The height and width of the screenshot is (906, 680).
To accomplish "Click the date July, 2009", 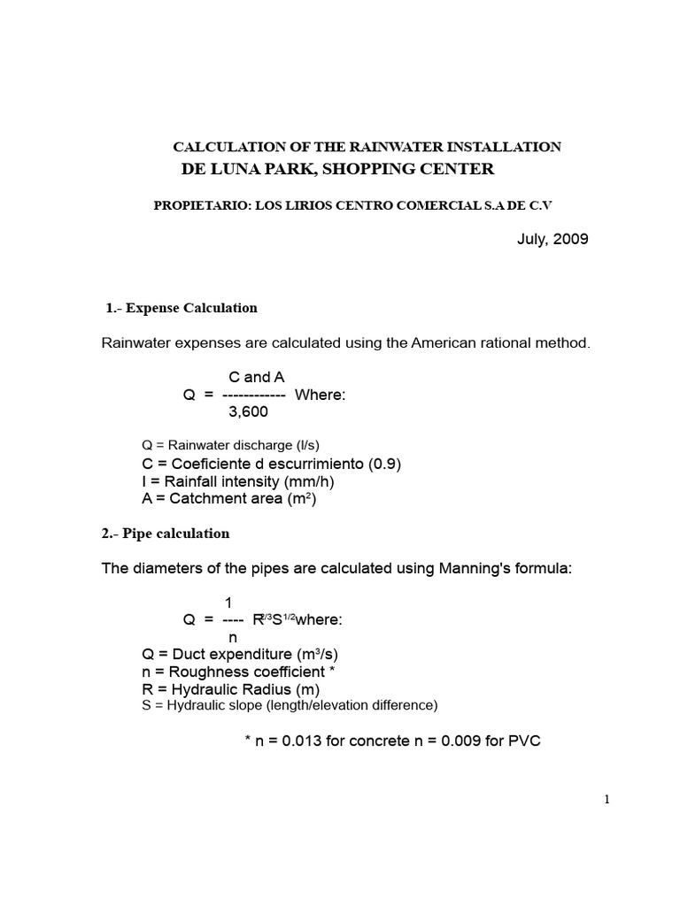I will coord(552,239).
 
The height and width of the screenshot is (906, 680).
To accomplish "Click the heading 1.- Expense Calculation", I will coord(182,308).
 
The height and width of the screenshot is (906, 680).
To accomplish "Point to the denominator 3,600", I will coord(248,411).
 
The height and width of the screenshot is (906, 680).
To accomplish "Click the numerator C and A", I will coord(256,378).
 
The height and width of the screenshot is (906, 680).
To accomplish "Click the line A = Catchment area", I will coord(228,499).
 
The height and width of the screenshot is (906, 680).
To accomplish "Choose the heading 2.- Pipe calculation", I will coord(166,534).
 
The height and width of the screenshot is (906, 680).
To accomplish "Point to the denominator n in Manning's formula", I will coord(233,637).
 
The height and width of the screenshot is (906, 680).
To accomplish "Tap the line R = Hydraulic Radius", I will coord(230,689).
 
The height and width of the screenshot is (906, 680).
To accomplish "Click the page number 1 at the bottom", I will coord(607,800).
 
